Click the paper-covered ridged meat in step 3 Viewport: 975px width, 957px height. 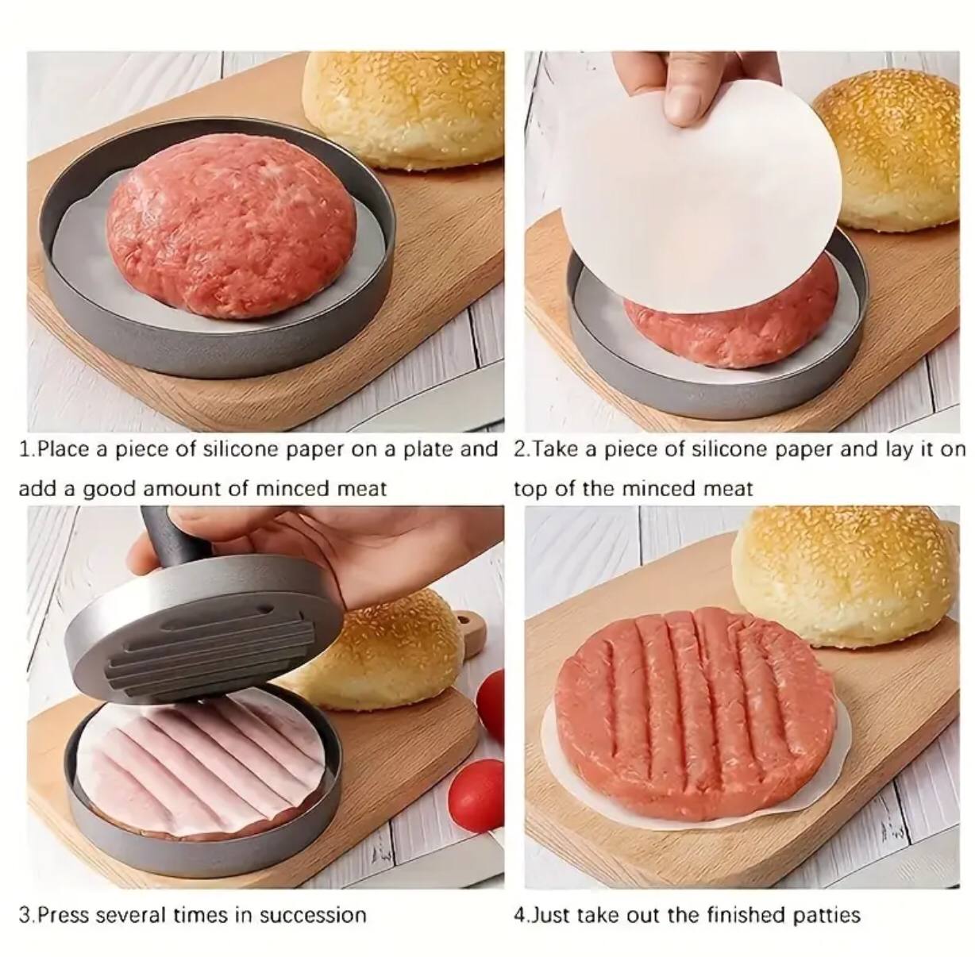[x=198, y=762]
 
